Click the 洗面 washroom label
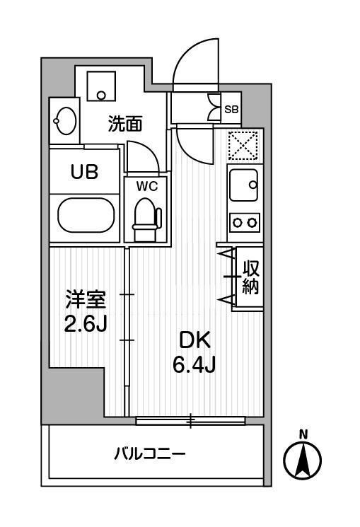pyautogui.click(x=125, y=124)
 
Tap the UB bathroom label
pyautogui.click(x=83, y=171)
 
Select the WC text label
pyautogui.click(x=146, y=187)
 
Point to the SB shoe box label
pyautogui.click(x=231, y=109)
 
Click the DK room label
pyautogui.click(x=194, y=341)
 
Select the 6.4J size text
pyautogui.click(x=194, y=367)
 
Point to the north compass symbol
pyautogui.click(x=303, y=461)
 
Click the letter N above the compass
pyautogui.click(x=303, y=434)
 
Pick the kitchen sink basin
pyautogui.click(x=245, y=185)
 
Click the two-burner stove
pyautogui.click(x=245, y=222)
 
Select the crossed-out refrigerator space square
pyautogui.click(x=245, y=146)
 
